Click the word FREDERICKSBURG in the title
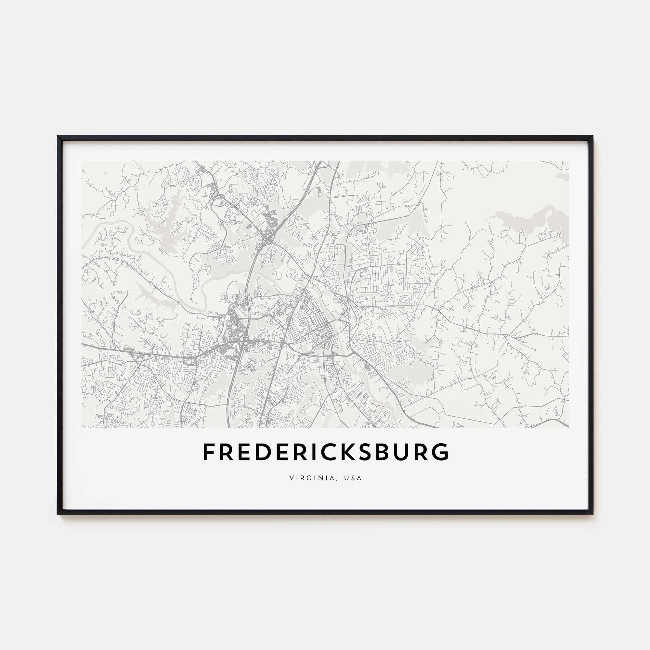click(325, 452)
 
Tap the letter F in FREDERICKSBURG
click(208, 452)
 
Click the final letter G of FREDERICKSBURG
click(440, 452)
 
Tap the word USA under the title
click(353, 478)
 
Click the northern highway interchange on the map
click(269, 240)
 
